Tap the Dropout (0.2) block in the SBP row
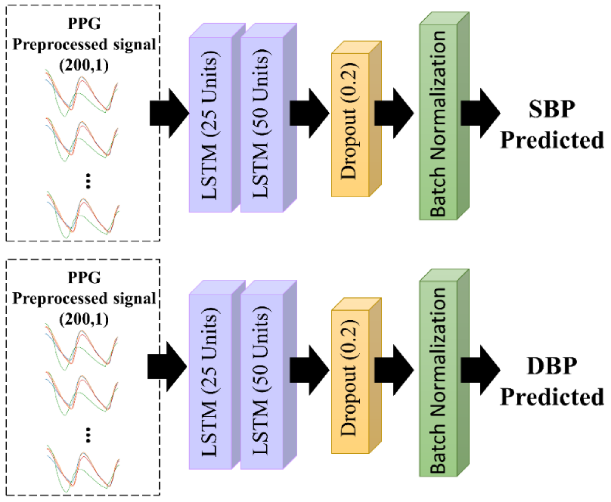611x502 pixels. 350,125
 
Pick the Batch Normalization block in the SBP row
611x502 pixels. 438,122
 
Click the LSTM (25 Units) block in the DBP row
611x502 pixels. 210,381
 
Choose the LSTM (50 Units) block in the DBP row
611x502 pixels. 261,381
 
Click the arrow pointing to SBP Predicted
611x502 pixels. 480,113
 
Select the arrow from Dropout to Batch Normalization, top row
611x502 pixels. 393,113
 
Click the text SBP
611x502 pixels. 552,109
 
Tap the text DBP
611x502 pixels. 552,366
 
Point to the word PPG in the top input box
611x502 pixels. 84,24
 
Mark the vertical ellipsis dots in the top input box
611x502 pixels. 88,181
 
